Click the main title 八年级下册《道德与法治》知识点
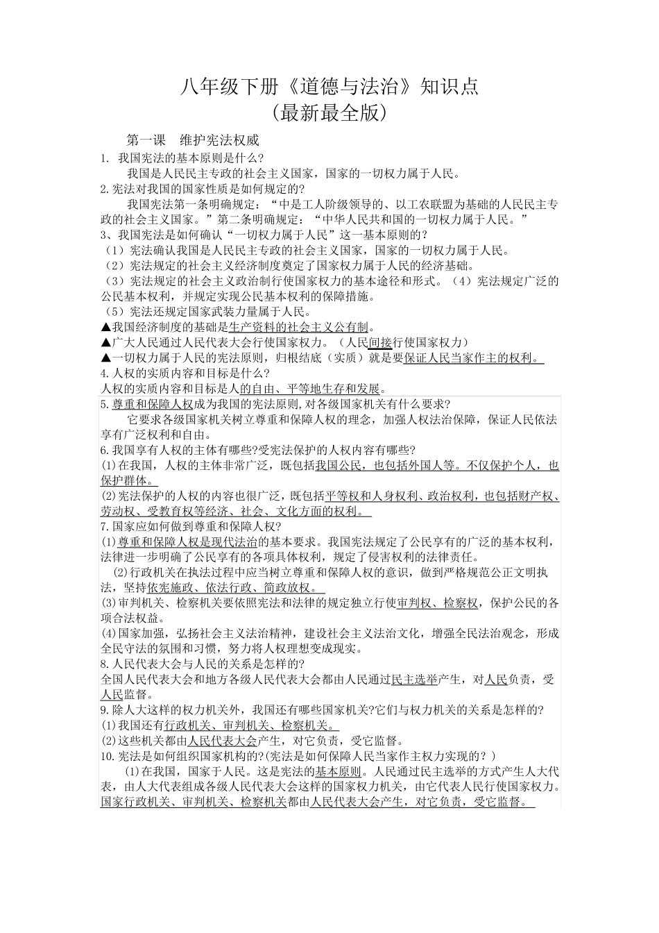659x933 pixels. coord(329,86)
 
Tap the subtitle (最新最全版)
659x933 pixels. coord(329,112)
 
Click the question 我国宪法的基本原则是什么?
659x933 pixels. coord(191,158)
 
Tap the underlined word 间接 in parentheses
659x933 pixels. coord(380,342)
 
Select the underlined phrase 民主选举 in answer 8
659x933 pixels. coord(414,680)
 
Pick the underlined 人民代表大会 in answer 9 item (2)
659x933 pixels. coord(221,741)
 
